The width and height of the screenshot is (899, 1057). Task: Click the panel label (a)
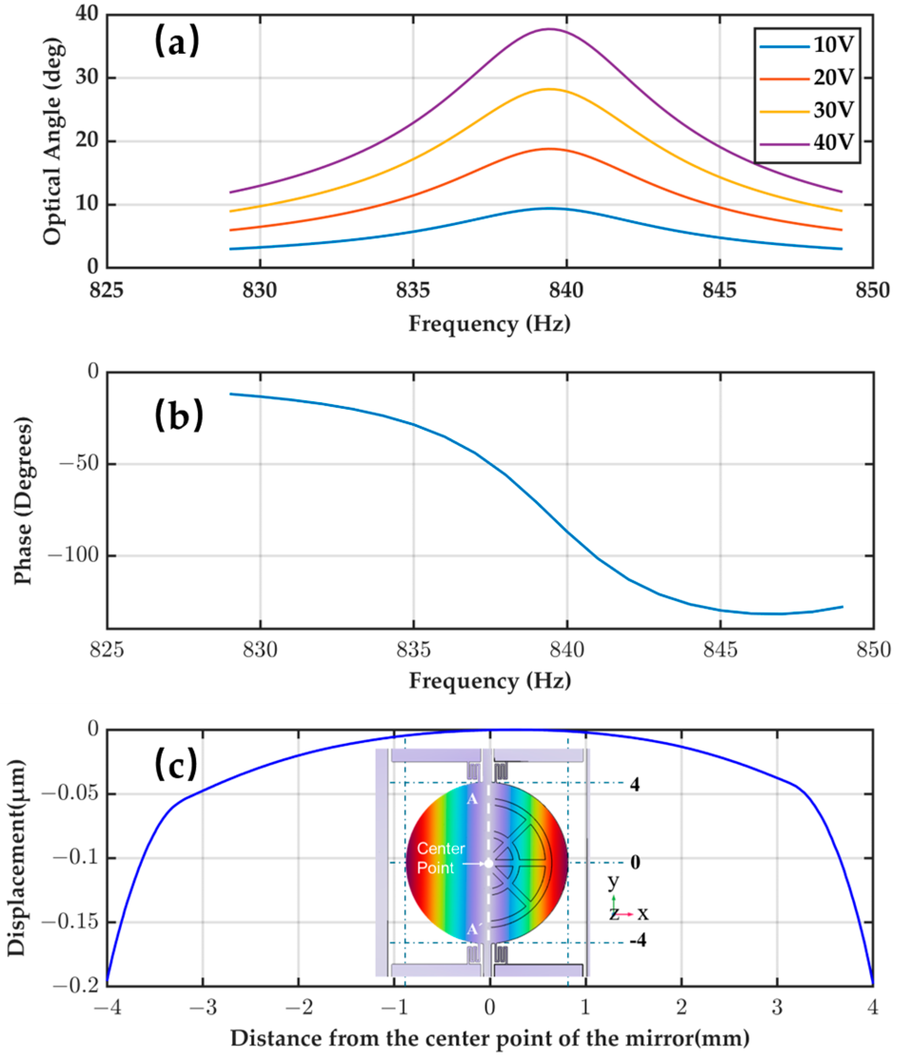click(177, 42)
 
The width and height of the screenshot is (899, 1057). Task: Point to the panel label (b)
click(178, 415)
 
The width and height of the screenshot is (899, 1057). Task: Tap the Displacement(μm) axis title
click(17, 858)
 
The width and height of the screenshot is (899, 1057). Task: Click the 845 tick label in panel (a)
click(719, 291)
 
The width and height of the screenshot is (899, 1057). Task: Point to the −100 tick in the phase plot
click(73, 555)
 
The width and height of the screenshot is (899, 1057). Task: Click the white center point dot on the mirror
click(488, 863)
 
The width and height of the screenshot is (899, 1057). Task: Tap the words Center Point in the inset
click(441, 858)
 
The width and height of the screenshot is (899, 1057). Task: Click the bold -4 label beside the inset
click(638, 940)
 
